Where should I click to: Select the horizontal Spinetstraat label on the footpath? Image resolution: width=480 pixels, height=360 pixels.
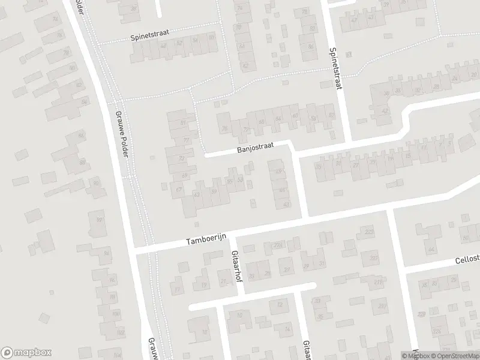tap(148, 37)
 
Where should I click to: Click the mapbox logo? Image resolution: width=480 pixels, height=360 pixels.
tap(26, 353)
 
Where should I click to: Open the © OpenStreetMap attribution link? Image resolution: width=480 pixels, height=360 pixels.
tap(454, 356)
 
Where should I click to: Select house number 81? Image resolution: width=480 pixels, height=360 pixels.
tap(182, 123)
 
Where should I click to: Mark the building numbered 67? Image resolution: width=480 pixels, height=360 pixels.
tap(178, 190)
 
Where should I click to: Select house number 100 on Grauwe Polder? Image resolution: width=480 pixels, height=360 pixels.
tap(120, 332)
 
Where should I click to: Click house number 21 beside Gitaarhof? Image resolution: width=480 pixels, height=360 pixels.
tap(224, 280)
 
